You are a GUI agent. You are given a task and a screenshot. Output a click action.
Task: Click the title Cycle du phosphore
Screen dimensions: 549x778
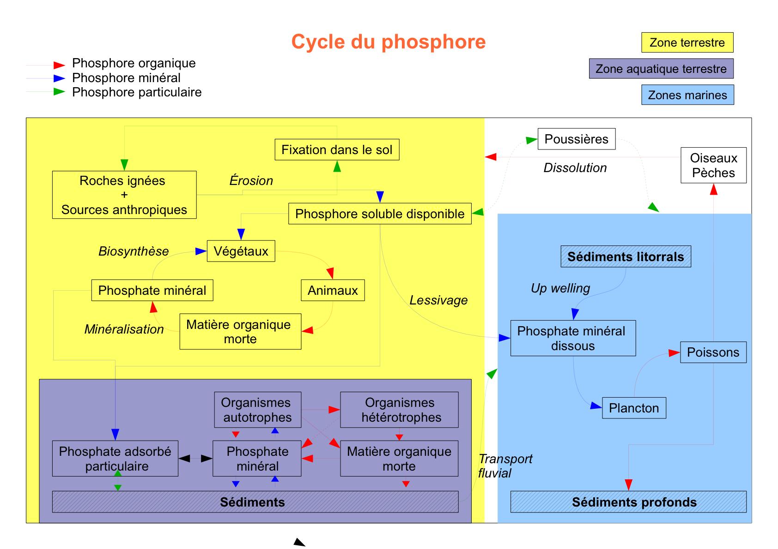pyautogui.click(x=389, y=42)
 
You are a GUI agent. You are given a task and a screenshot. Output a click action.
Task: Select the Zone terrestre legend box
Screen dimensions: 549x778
pyautogui.click(x=687, y=42)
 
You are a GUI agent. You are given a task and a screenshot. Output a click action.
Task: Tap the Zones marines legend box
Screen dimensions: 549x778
pyautogui.click(x=687, y=95)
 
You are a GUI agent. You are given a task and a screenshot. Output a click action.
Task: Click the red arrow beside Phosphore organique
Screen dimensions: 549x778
pyautogui.click(x=59, y=65)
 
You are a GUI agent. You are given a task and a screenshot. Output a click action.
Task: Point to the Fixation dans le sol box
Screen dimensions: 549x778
pyautogui.click(x=337, y=150)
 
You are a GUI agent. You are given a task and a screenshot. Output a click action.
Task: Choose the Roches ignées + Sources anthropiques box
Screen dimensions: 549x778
pyautogui.click(x=124, y=195)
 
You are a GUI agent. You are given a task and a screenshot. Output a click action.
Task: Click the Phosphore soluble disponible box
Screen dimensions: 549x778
pyautogui.click(x=380, y=214)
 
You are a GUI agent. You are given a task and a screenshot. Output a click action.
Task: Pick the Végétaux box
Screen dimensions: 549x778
pyautogui.click(x=241, y=251)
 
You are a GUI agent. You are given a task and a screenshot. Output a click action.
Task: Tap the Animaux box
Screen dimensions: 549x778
pyautogui.click(x=333, y=290)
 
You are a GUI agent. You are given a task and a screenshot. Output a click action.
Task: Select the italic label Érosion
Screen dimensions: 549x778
pyautogui.click(x=251, y=180)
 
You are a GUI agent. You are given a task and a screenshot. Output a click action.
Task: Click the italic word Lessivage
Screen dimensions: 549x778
pyautogui.click(x=438, y=300)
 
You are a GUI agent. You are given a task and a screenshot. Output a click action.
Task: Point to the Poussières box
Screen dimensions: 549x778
pyautogui.click(x=576, y=139)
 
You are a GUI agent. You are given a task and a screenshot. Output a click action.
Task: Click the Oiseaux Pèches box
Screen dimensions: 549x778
pyautogui.click(x=713, y=165)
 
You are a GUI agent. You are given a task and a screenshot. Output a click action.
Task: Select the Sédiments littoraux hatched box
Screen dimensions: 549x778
pyautogui.click(x=626, y=257)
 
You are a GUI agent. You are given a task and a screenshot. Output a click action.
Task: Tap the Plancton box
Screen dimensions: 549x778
pyautogui.click(x=634, y=408)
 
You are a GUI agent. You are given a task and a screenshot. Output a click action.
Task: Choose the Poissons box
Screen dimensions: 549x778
pyautogui.click(x=713, y=352)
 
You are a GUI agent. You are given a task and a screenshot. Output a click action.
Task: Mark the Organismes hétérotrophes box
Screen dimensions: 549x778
pyautogui.click(x=399, y=410)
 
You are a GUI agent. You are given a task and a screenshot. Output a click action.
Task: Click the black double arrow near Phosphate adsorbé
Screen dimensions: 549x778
pyautogui.click(x=195, y=458)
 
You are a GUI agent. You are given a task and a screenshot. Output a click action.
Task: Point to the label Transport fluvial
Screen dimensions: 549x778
pyautogui.click(x=504, y=465)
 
